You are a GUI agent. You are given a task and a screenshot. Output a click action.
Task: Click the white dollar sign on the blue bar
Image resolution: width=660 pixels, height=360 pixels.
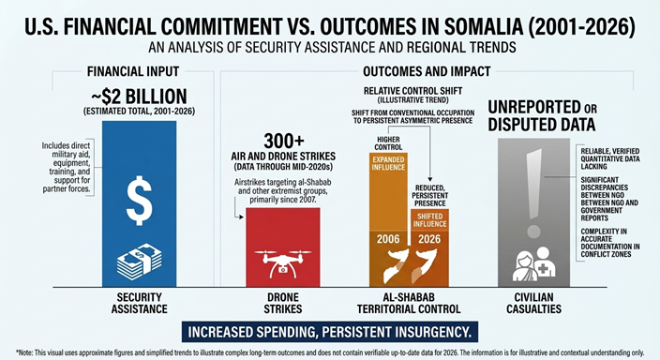[140, 200]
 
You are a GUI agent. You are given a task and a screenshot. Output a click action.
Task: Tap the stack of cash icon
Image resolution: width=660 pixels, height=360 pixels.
[139, 261]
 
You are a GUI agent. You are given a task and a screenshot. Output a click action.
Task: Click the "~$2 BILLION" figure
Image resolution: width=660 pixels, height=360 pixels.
[139, 97]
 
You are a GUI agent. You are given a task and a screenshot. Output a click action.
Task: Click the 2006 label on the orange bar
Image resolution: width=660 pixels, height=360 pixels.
[388, 239]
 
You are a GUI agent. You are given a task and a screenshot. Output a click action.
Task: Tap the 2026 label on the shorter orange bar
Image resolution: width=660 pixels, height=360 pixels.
[429, 239]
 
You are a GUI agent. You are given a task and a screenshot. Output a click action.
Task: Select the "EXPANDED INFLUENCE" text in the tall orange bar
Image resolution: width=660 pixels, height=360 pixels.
[388, 163]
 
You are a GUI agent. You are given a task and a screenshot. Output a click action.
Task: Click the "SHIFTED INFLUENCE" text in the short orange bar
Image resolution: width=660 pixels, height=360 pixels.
[429, 220]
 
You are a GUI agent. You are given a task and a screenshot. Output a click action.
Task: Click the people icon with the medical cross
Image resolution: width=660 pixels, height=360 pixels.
[533, 264]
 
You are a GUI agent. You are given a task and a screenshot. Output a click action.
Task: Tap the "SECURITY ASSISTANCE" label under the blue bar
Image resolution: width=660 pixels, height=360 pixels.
[140, 303]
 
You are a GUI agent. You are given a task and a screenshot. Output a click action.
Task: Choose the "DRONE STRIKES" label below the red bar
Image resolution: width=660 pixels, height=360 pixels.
[283, 303]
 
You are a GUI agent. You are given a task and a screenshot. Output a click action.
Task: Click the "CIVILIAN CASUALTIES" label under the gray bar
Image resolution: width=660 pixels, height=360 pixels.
[533, 303]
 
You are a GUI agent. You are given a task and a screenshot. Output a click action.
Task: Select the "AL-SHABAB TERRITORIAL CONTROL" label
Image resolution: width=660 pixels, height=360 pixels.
[409, 303]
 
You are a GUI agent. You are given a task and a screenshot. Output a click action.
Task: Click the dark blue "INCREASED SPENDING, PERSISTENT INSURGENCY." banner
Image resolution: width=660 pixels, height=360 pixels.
[330, 332]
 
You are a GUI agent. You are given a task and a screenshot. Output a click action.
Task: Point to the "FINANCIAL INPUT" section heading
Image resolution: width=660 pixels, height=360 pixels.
[133, 71]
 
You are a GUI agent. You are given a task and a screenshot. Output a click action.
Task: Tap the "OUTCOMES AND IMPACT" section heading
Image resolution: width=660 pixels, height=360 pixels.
[427, 71]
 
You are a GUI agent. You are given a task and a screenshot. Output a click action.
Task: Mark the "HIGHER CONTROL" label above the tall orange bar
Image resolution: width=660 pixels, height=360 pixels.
[388, 143]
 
